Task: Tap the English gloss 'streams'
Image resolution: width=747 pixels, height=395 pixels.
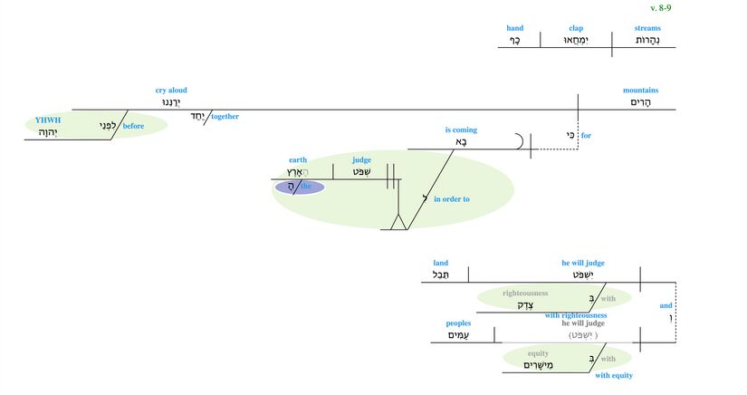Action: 647,28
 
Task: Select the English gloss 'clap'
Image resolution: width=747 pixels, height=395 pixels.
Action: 576,28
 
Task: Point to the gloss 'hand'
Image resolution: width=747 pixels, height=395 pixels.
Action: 514,28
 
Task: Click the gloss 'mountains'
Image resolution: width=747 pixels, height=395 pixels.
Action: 640,91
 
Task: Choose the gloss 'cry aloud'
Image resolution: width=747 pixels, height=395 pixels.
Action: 171,91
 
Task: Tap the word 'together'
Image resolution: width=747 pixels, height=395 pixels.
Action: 225,116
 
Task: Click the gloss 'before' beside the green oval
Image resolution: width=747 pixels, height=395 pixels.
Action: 134,126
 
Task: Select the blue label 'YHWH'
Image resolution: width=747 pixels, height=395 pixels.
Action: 47,120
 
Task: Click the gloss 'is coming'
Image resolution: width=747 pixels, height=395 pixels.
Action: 461,130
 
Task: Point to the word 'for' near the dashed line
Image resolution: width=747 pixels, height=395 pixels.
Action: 586,136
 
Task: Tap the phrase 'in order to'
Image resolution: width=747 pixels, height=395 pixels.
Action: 452,198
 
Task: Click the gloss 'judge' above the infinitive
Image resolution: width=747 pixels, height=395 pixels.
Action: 361,160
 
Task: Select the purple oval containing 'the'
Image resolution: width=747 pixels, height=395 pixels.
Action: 299,187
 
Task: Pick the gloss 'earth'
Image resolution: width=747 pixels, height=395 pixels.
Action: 298,160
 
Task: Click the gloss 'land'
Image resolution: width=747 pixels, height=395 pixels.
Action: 441,263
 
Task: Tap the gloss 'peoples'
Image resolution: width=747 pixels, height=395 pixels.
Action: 458,323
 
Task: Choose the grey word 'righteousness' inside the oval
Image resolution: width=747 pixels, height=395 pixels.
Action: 525,294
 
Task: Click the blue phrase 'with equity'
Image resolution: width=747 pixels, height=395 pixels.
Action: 614,375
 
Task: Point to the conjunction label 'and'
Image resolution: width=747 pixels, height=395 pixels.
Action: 666,305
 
